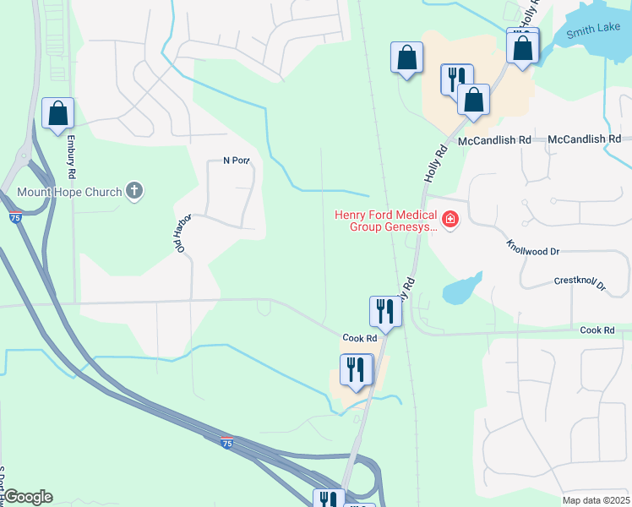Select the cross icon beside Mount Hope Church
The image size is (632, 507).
coord(133,191)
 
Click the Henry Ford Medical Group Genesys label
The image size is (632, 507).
coord(387,220)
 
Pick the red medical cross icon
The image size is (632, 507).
coord(451,221)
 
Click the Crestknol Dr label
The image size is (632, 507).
coord(580,283)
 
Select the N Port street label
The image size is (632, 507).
coord(237,161)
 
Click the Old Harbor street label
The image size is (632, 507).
coord(185,232)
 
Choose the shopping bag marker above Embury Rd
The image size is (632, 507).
coord(57,113)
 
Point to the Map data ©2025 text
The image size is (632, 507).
coord(595,499)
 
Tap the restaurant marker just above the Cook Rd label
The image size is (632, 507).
coord(384,311)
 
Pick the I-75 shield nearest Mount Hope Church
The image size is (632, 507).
coord(17,218)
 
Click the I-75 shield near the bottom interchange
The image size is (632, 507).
coord(226,442)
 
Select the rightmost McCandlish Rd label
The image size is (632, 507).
coord(584,139)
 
